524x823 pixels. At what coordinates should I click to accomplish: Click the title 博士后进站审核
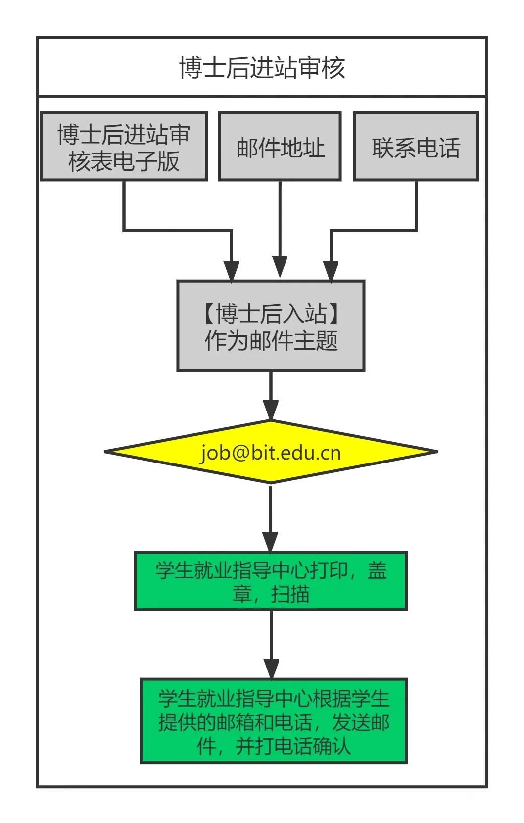pyautogui.click(x=262, y=67)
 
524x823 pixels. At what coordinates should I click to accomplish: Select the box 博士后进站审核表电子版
pyautogui.click(x=124, y=147)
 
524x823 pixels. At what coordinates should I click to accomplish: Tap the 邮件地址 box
pyautogui.click(x=280, y=147)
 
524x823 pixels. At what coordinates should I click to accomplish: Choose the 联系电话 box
pyautogui.click(x=416, y=147)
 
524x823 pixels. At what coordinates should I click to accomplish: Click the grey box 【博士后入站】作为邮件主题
pyautogui.click(x=271, y=326)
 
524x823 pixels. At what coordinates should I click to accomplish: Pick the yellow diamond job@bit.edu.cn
pyautogui.click(x=271, y=452)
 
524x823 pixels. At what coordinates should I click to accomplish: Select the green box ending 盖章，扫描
pyautogui.click(x=271, y=581)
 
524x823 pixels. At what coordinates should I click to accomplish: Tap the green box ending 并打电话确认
pyautogui.click(x=274, y=721)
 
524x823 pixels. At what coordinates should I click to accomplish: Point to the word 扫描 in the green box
pyautogui.click(x=290, y=594)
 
